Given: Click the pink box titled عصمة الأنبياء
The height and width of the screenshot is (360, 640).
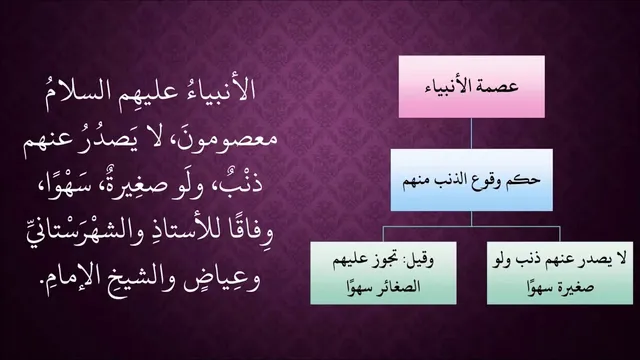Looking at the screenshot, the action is pos(471,87).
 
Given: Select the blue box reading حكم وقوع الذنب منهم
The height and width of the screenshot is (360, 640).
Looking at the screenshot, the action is pos(471,180).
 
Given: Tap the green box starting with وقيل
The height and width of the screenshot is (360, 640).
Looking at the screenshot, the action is pos(383,273).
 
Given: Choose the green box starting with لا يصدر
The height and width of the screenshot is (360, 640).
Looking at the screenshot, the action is pos(560,273).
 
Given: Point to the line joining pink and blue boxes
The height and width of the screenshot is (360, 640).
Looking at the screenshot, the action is pos(471,133).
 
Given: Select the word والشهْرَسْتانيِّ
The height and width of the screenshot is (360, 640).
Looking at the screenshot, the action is pos(83,233).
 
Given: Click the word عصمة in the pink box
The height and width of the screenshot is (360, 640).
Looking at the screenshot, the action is pos(500,86).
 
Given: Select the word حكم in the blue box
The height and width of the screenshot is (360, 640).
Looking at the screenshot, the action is pos(528,180).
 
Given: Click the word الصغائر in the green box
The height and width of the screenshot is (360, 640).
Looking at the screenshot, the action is pos(398,287).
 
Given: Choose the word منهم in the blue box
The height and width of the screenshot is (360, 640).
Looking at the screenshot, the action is pos(417,181).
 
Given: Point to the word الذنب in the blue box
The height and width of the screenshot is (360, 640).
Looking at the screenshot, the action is pos(454,180).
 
